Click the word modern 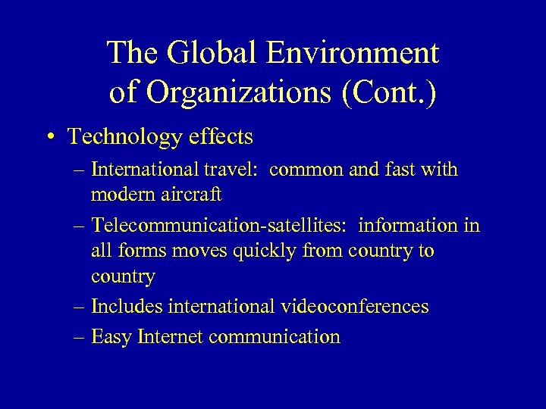coord(124,195)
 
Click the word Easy coord(111,336)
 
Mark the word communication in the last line coord(274,336)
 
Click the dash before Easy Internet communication coord(80,336)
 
